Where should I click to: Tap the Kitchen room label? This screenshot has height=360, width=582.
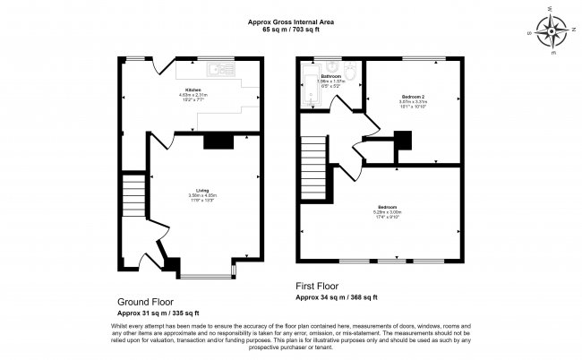(x=193, y=90)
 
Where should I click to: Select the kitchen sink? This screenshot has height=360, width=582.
(x=215, y=68)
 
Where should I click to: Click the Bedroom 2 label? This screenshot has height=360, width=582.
(x=413, y=95)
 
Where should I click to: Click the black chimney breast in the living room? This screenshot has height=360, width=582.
(x=218, y=141)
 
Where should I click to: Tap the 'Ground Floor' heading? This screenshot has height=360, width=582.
(x=145, y=302)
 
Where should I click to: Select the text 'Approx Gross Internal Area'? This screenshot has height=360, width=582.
(x=291, y=22)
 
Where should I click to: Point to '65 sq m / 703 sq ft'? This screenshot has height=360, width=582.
(x=291, y=30)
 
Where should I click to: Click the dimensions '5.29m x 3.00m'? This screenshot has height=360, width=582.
(x=388, y=212)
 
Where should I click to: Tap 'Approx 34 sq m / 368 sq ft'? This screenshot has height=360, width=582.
(x=337, y=297)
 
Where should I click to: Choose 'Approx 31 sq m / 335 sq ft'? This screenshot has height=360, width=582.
(x=145, y=313)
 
